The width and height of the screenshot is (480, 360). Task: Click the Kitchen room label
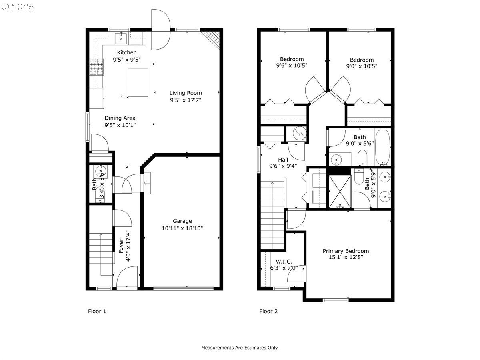point(127,52)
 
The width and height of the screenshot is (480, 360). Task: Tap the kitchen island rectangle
point(138,83)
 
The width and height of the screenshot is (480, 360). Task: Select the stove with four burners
point(96,67)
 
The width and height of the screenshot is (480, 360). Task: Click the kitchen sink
point(121,38)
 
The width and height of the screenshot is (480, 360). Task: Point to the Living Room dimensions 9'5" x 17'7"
point(185,100)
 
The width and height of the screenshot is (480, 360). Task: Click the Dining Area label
point(120,118)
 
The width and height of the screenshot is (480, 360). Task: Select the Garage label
point(182,221)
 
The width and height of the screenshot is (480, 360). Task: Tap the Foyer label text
point(121,246)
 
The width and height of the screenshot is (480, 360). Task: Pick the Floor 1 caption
point(97,311)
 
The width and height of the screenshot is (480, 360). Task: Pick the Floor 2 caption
point(268,311)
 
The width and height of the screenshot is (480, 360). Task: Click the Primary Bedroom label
point(346,251)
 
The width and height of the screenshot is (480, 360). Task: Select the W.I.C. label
point(281,261)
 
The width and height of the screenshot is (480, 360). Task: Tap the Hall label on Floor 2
point(283,159)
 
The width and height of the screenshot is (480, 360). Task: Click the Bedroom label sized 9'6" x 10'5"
point(292,59)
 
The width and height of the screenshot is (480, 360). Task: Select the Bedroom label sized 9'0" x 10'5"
point(362,60)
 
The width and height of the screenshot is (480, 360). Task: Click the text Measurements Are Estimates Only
point(240,348)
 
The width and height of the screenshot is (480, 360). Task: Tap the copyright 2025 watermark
point(18,7)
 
